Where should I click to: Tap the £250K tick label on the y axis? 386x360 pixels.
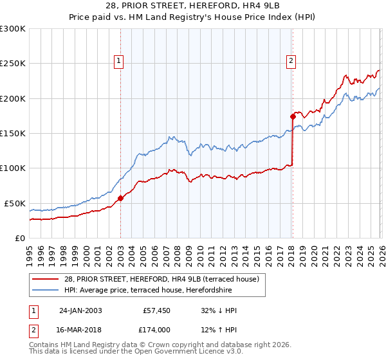tap(13, 64)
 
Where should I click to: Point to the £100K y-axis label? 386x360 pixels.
tap(13, 168)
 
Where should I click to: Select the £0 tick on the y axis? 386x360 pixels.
tap(21, 238)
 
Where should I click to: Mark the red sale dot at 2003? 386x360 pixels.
tap(120, 198)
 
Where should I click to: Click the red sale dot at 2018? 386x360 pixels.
tap(292, 116)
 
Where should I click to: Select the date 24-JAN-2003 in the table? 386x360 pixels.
tap(80, 310)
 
